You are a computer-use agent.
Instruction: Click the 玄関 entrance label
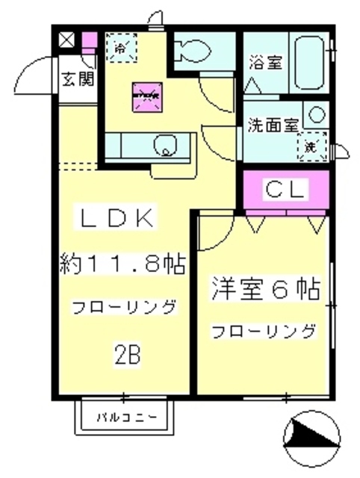tap(77, 77)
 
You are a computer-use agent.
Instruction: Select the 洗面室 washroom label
tap(274, 125)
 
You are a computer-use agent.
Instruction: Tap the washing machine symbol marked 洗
tap(308, 146)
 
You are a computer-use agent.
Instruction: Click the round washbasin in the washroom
tap(315, 116)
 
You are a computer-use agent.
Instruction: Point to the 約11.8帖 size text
tap(122, 264)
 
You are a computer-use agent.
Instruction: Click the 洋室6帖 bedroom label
tap(265, 287)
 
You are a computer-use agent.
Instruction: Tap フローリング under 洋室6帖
tap(263, 331)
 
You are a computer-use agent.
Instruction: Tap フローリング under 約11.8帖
tap(124, 306)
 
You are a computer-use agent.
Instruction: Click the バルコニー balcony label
tap(126, 417)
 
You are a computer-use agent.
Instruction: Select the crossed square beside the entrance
tap(66, 40)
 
